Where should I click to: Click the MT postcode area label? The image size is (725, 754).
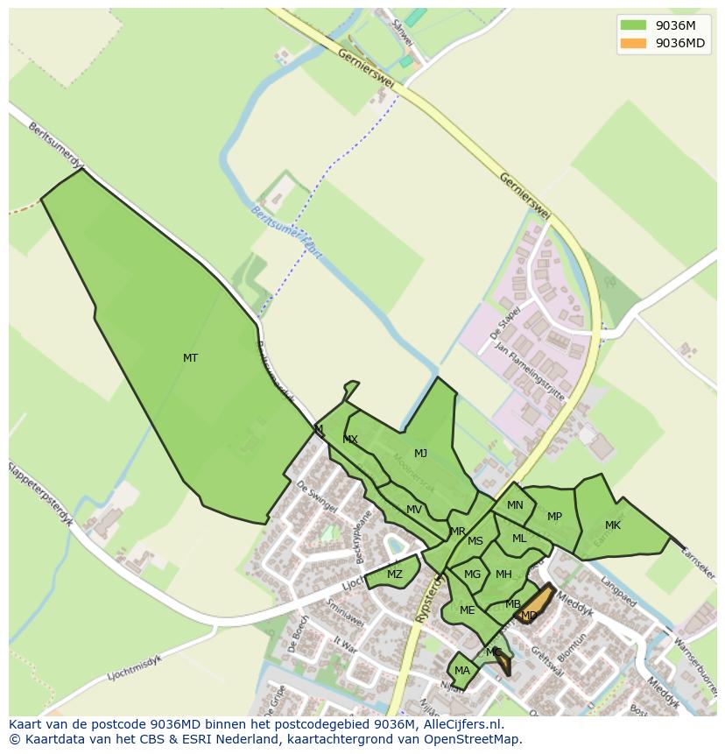click(x=190, y=358)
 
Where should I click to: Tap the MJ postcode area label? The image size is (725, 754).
click(x=420, y=454)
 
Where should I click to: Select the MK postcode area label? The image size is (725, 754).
click(x=613, y=525)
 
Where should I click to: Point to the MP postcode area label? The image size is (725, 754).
click(x=554, y=517)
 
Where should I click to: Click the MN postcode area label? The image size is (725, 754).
click(x=515, y=505)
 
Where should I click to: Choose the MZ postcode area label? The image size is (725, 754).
click(x=394, y=574)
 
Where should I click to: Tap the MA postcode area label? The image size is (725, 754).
click(x=462, y=671)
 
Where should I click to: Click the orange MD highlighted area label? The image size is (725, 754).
click(x=529, y=616)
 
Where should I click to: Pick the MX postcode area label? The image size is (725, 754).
click(x=350, y=440)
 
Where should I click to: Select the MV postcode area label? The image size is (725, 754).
click(x=414, y=510)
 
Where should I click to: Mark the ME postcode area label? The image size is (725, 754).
click(x=467, y=610)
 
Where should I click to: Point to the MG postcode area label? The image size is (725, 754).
click(x=473, y=574)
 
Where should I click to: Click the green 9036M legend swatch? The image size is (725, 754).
click(x=632, y=25)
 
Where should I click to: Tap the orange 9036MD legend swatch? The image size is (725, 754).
click(x=632, y=43)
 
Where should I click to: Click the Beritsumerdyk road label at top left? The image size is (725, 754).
click(x=54, y=145)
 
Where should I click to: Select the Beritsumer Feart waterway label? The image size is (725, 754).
click(x=286, y=232)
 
